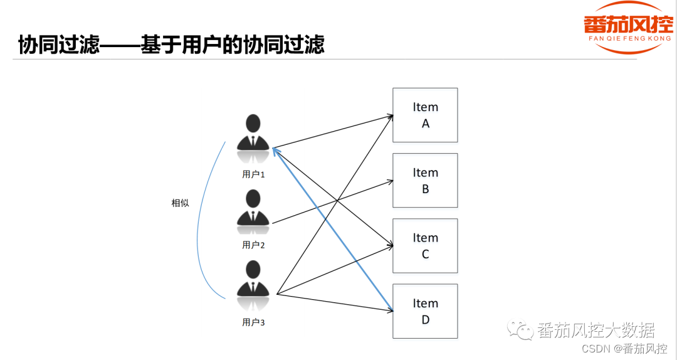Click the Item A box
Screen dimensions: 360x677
425,115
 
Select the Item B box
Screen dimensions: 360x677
425,180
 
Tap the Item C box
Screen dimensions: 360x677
425,245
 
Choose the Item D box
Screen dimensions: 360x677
425,311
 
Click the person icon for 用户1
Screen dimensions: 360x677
253,133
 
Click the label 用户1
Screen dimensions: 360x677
253,174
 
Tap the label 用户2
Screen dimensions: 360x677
253,245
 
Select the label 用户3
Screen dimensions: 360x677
253,322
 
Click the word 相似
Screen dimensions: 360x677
181,203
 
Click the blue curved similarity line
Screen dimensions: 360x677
199,220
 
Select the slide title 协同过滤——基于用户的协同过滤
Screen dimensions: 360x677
171,45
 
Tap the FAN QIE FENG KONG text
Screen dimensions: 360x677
627,40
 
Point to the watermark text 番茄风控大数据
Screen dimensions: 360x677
596,330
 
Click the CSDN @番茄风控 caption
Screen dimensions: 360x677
624,349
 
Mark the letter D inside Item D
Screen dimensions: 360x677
425,319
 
